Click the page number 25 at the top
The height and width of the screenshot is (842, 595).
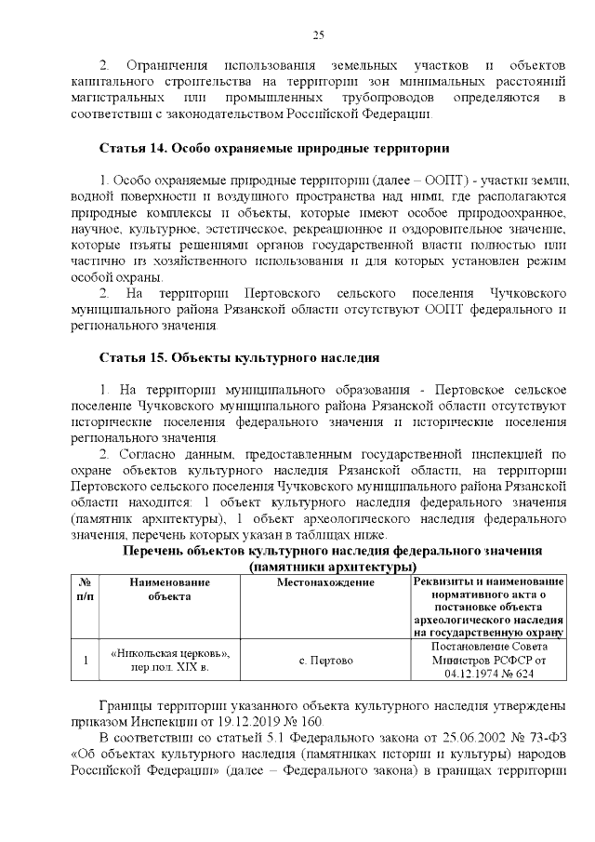[x=317, y=34]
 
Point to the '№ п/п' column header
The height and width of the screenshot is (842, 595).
[x=85, y=589]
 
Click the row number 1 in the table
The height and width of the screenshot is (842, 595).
[x=85, y=661]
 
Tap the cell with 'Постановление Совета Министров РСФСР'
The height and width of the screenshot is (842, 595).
[x=490, y=660]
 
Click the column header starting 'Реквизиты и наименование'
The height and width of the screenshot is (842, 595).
[x=490, y=582]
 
